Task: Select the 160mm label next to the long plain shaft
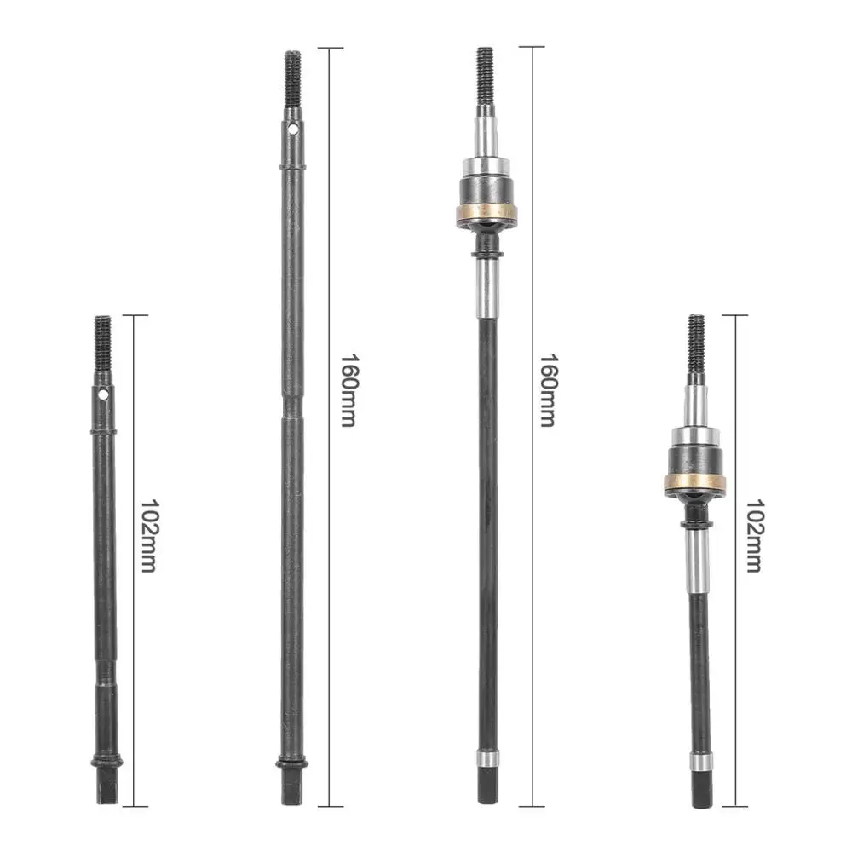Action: [348, 389]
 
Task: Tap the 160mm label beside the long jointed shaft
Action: [548, 389]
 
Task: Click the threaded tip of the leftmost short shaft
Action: [103, 341]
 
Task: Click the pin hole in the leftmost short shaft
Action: [103, 395]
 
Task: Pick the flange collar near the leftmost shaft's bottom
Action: [105, 761]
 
